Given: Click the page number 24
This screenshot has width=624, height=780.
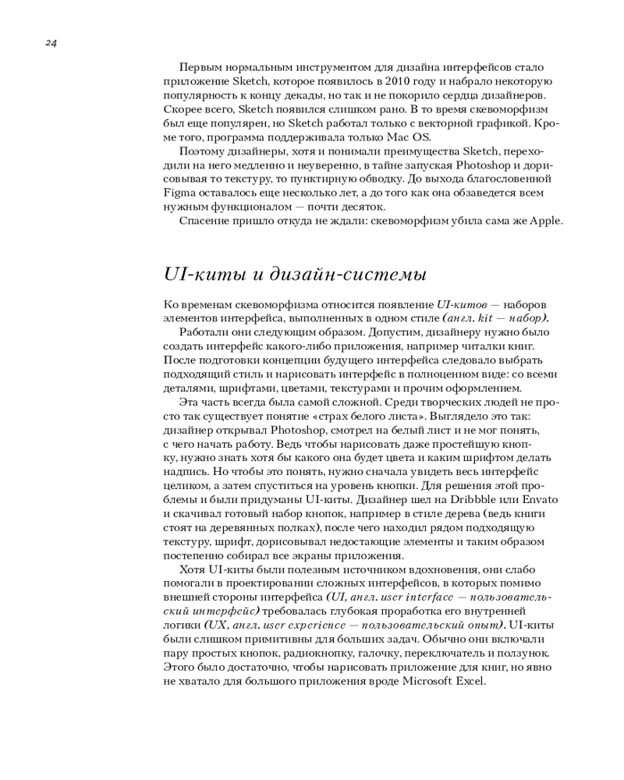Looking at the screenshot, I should [x=51, y=43].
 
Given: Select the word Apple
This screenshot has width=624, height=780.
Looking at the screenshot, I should [x=546, y=221].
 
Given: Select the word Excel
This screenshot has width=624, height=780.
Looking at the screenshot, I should [x=472, y=681].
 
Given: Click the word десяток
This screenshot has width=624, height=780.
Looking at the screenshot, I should [x=364, y=207].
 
